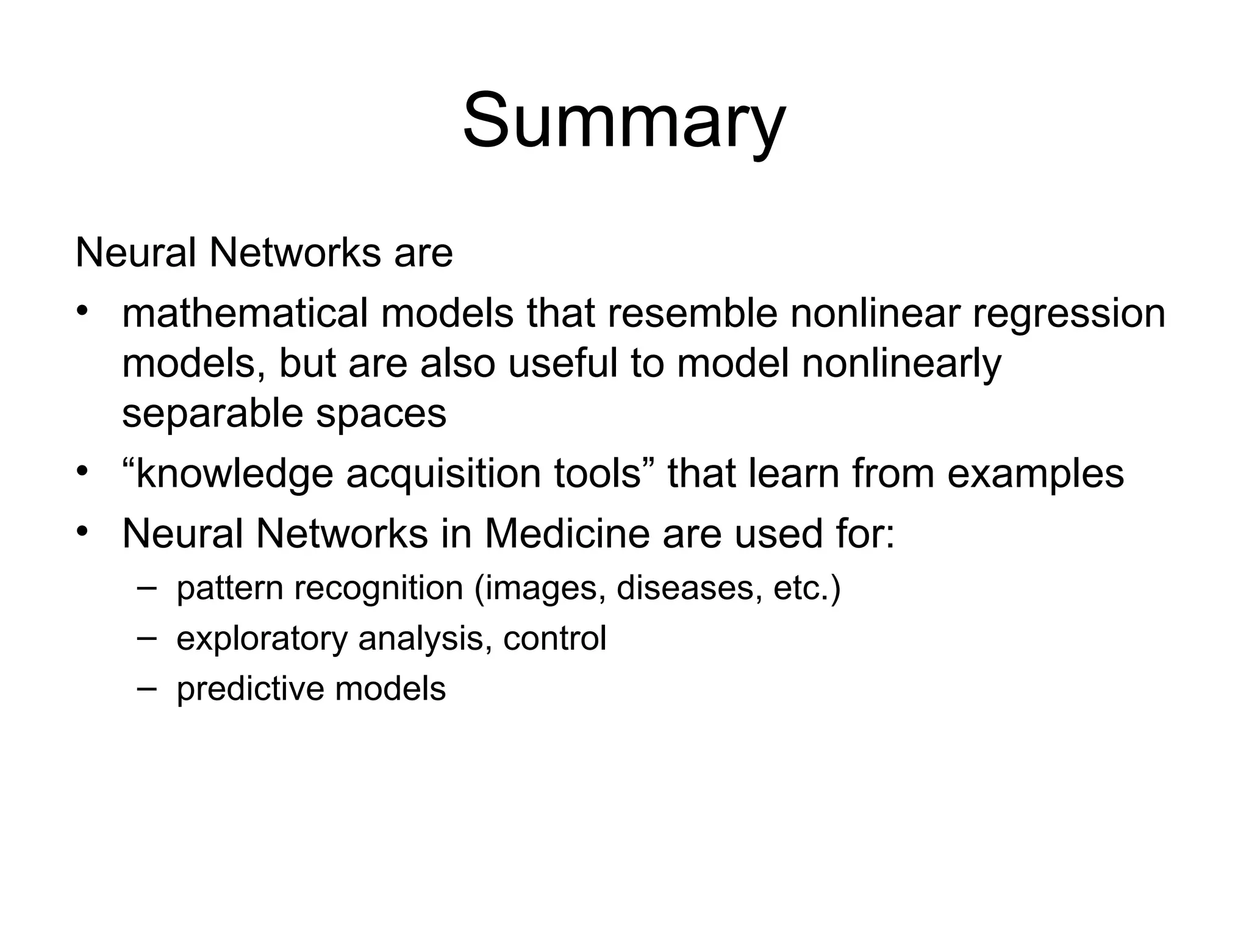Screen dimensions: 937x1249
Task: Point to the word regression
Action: pos(1068,315)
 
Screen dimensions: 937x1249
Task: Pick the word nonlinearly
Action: pos(901,365)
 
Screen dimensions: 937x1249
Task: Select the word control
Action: pos(554,638)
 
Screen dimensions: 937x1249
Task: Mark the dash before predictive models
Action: pos(147,687)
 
